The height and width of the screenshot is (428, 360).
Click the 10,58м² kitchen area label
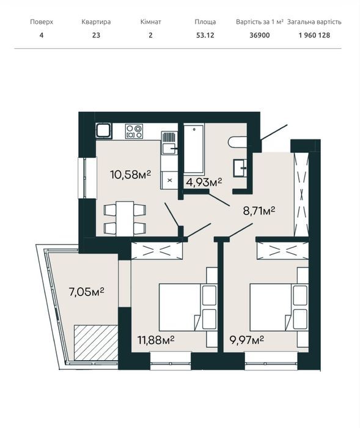pyautogui.click(x=130, y=174)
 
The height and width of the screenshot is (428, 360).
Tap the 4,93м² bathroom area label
pyautogui.click(x=204, y=182)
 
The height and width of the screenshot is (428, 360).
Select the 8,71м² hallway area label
pyautogui.click(x=259, y=211)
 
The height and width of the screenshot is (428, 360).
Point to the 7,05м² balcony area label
pyautogui.click(x=87, y=292)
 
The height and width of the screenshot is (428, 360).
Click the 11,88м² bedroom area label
pyautogui.click(x=156, y=340)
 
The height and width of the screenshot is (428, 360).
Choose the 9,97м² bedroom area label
pyautogui.click(x=247, y=340)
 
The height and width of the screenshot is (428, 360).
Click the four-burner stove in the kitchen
pyautogui.click(x=134, y=131)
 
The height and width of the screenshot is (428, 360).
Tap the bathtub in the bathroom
pyautogui.click(x=194, y=149)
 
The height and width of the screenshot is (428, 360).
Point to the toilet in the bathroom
pyautogui.click(x=237, y=142)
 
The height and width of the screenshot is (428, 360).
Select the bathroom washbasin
pyautogui.click(x=240, y=168)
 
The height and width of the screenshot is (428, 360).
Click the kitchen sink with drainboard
pyautogui.click(x=169, y=142)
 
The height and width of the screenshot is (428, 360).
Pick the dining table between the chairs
pyautogui.click(x=125, y=219)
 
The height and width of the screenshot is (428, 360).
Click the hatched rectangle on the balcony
pyautogui.click(x=96, y=342)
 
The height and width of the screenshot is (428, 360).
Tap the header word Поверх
pyautogui.click(x=42, y=22)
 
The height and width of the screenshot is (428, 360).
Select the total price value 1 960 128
pyautogui.click(x=314, y=35)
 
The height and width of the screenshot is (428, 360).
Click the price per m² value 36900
pyautogui.click(x=260, y=35)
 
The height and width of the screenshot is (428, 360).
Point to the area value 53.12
pyautogui.click(x=205, y=35)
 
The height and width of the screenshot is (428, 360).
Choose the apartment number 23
pyautogui.click(x=96, y=35)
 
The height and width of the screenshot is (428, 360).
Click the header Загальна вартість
pyautogui.click(x=314, y=22)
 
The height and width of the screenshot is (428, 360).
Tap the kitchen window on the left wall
pyautogui.click(x=87, y=178)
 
